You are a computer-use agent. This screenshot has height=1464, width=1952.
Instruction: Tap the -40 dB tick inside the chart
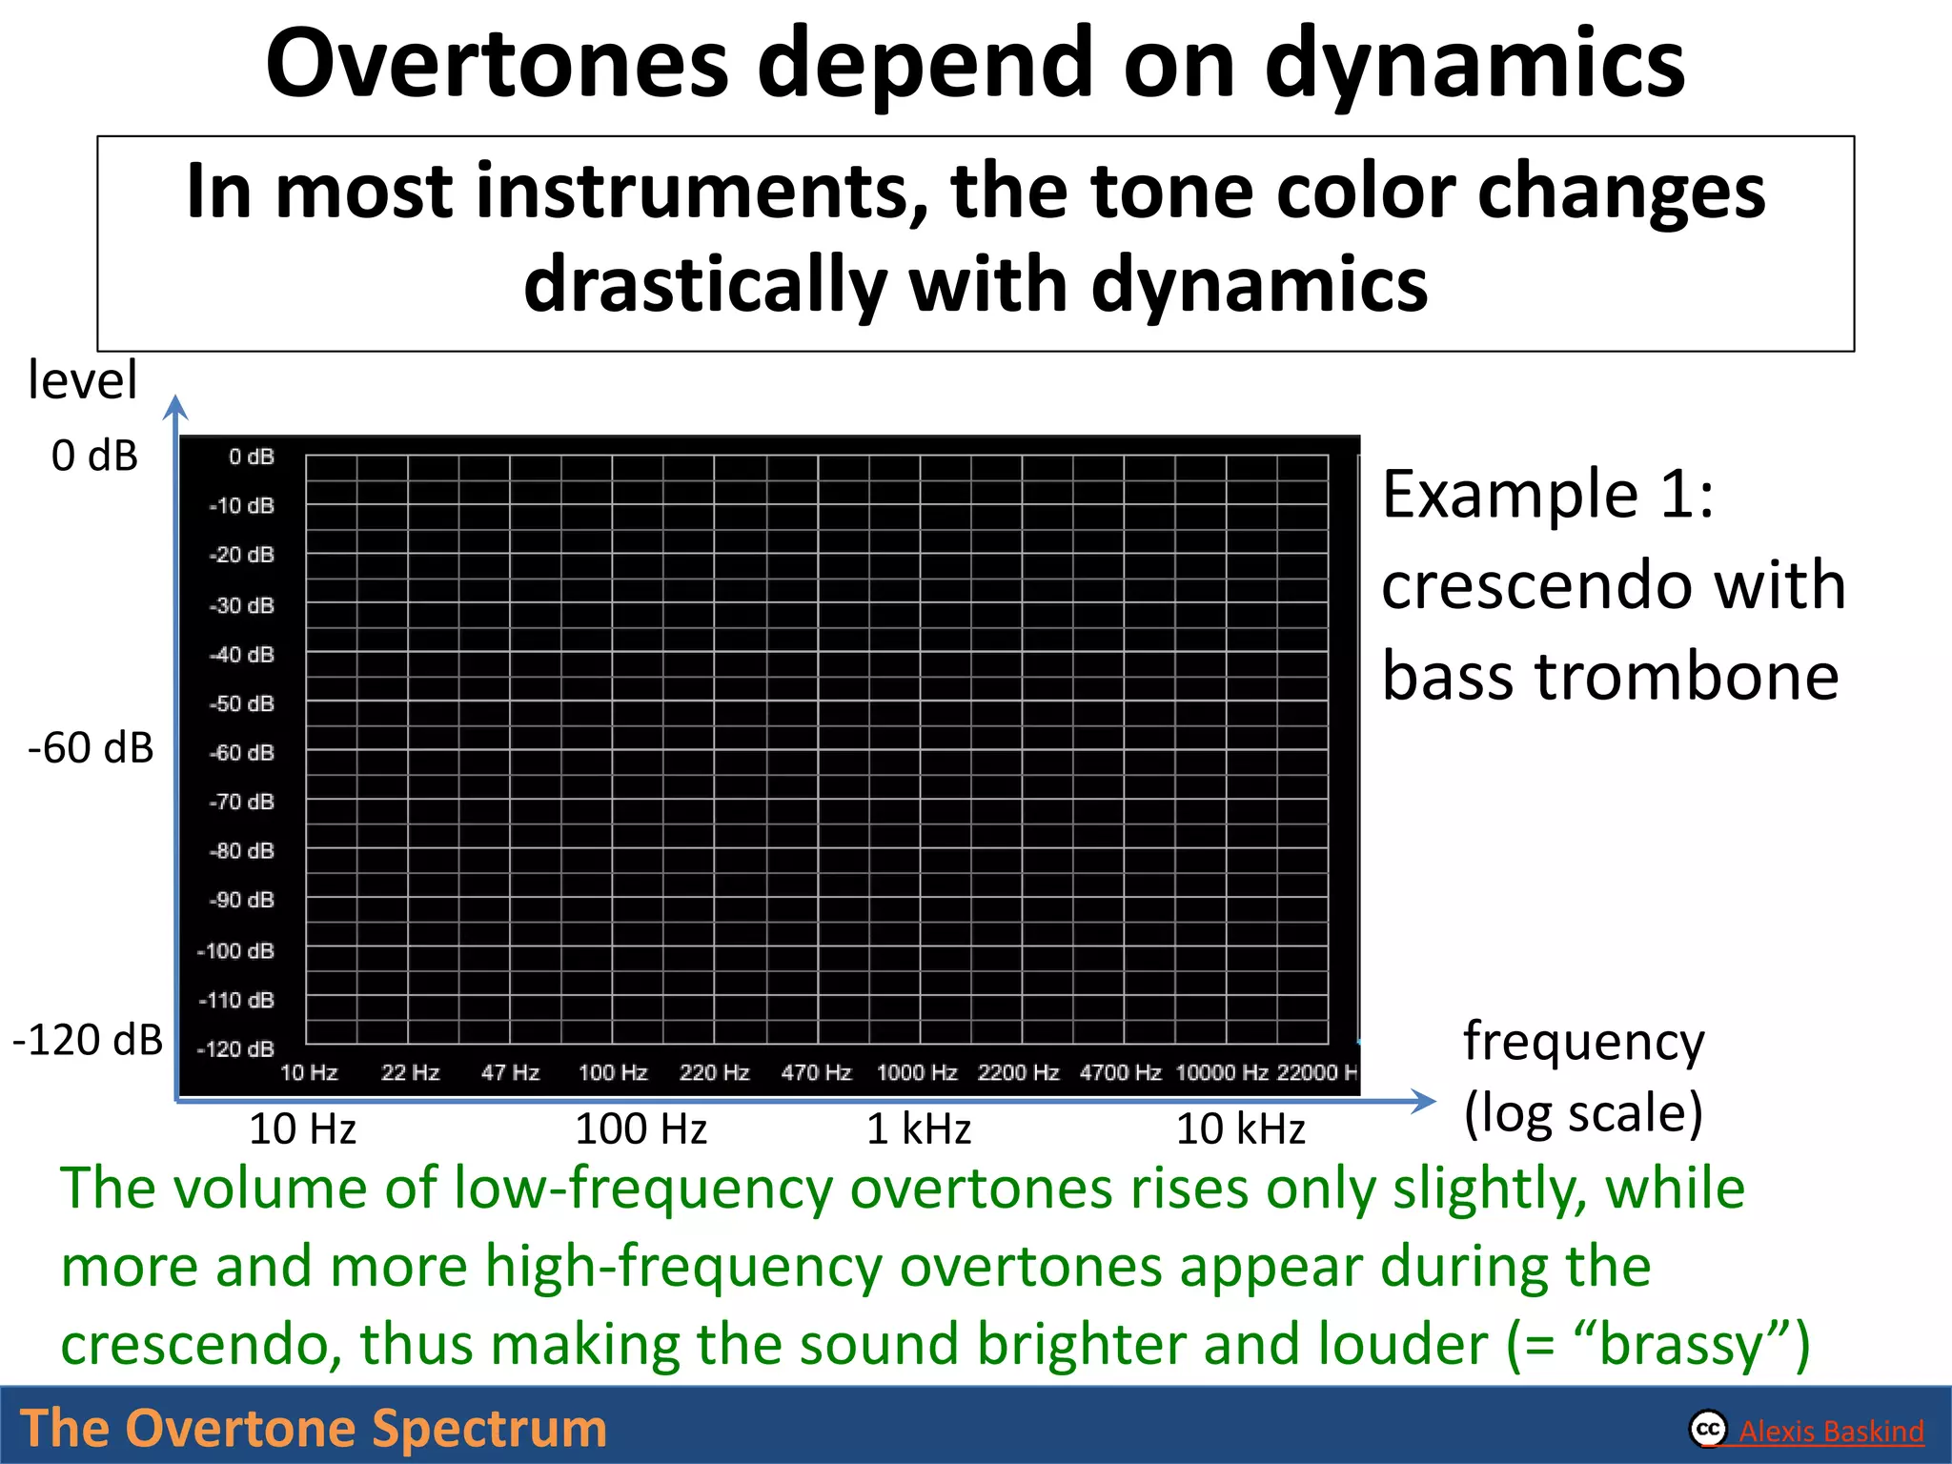[242, 655]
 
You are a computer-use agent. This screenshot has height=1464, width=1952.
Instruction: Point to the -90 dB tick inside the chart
[242, 900]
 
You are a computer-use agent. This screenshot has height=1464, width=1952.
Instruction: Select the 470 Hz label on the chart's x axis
[816, 1073]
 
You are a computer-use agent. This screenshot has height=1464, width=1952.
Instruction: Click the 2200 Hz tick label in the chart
[1018, 1073]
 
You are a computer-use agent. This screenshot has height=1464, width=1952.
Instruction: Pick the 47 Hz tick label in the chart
[510, 1073]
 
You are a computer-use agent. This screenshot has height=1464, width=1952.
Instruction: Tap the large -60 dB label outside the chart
[91, 748]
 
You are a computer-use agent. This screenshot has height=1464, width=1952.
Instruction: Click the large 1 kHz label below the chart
[919, 1129]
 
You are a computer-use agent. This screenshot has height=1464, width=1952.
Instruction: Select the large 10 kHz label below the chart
[1240, 1129]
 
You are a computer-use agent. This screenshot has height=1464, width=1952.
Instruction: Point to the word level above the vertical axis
[83, 380]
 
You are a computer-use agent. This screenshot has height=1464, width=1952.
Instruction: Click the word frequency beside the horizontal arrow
[1583, 1042]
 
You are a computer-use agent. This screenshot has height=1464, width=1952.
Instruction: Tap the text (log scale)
[1583, 1113]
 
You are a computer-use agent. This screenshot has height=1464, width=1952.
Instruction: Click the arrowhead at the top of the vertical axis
[175, 407]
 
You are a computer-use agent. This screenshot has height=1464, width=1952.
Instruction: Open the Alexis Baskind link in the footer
[1831, 1432]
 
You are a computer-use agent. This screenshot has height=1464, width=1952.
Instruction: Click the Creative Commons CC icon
[1708, 1429]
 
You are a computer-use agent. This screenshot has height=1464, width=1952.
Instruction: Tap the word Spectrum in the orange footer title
[489, 1429]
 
